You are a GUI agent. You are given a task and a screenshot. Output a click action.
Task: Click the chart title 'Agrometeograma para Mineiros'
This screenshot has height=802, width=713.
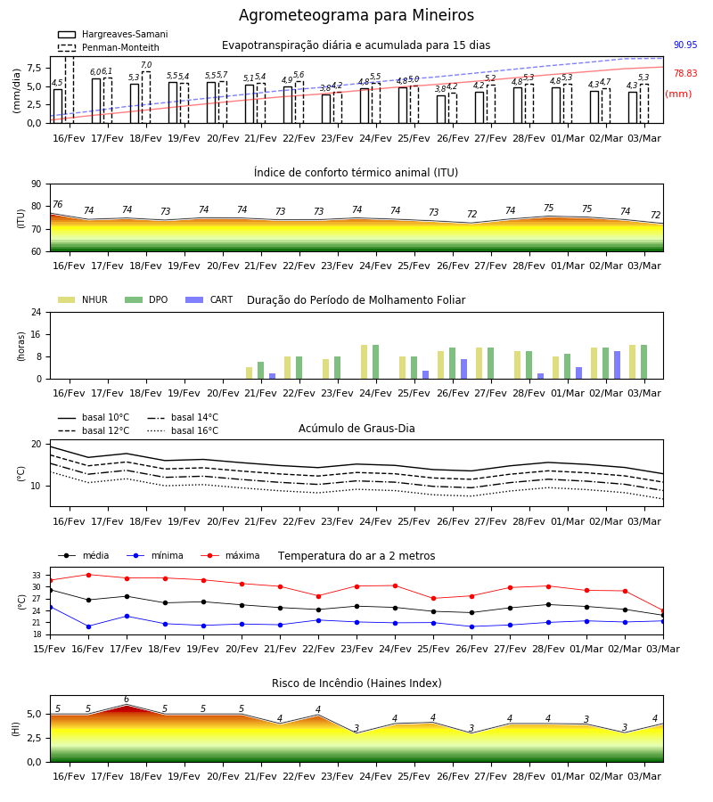356,15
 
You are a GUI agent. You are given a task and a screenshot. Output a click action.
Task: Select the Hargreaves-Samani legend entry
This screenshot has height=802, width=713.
113,34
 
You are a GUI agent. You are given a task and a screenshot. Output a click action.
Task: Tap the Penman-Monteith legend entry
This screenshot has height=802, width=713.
109,47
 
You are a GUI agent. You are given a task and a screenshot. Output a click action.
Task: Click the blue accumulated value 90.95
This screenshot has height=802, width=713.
685,45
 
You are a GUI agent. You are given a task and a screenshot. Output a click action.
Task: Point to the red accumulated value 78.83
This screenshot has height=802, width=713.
685,73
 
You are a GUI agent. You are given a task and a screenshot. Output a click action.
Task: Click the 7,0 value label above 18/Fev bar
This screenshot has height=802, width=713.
146,65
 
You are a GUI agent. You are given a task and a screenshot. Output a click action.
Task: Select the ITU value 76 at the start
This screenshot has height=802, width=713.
58,205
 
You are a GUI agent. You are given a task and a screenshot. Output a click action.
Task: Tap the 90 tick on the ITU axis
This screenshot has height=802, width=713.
37,184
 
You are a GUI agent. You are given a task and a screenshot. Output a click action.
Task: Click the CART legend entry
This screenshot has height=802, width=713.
209,299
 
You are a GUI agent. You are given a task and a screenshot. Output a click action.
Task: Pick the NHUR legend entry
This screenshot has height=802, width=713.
83,299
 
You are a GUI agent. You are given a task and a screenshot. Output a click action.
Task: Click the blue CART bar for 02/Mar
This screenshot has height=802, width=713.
618,365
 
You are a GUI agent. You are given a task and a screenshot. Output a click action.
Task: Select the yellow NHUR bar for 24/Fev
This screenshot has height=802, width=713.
365,362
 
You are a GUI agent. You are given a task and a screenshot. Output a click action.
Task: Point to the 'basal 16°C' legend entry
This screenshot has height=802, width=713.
183,430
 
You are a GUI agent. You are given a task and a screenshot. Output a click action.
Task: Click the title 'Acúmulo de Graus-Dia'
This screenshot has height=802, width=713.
356,429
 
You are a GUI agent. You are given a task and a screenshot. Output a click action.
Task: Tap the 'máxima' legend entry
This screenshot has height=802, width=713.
230,555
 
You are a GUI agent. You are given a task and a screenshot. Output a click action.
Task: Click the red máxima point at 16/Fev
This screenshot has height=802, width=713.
88,575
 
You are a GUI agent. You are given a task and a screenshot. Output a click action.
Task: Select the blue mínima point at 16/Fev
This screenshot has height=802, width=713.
88,626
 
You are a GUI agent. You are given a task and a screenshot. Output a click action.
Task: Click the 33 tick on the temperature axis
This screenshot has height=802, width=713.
37,576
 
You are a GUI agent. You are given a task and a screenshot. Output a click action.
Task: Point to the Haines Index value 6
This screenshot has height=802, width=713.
127,700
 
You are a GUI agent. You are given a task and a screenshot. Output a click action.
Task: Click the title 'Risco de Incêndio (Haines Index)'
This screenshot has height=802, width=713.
356,683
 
